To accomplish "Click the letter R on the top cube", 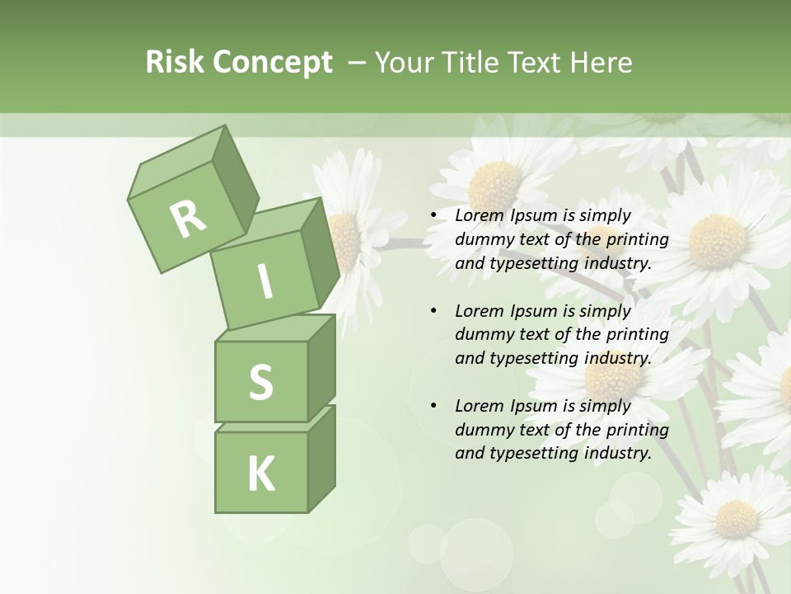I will pos(188,219).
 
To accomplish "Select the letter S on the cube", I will pos(260,382).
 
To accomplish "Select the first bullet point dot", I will pos(433,216).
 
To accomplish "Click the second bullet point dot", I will pos(433,311).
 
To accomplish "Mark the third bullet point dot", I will pos(433,406).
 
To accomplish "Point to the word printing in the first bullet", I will pos(637,240).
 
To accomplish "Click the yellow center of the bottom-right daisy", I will pos(736,518).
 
